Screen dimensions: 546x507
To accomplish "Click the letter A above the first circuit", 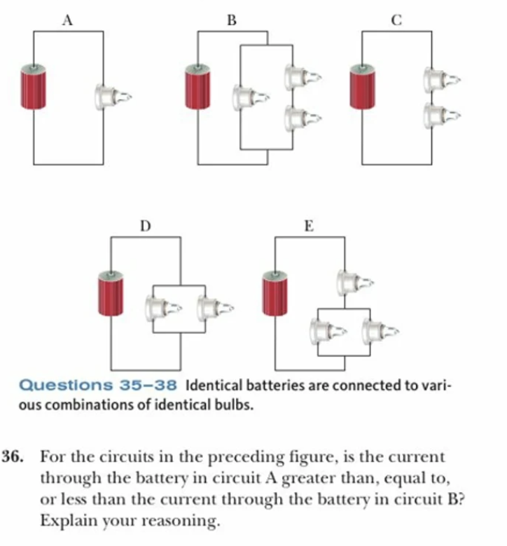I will [67, 21].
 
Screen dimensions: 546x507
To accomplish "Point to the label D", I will [145, 226].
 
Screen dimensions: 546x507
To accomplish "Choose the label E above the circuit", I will [309, 226].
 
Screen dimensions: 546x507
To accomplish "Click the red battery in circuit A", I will [33, 87].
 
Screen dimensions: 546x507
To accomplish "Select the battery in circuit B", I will [197, 87].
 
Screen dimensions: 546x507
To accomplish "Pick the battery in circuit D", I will [111, 292].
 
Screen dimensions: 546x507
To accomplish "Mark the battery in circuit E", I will [275, 292].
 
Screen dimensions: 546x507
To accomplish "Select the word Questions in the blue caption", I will [59, 385].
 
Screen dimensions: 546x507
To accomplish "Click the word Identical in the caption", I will [216, 385].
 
